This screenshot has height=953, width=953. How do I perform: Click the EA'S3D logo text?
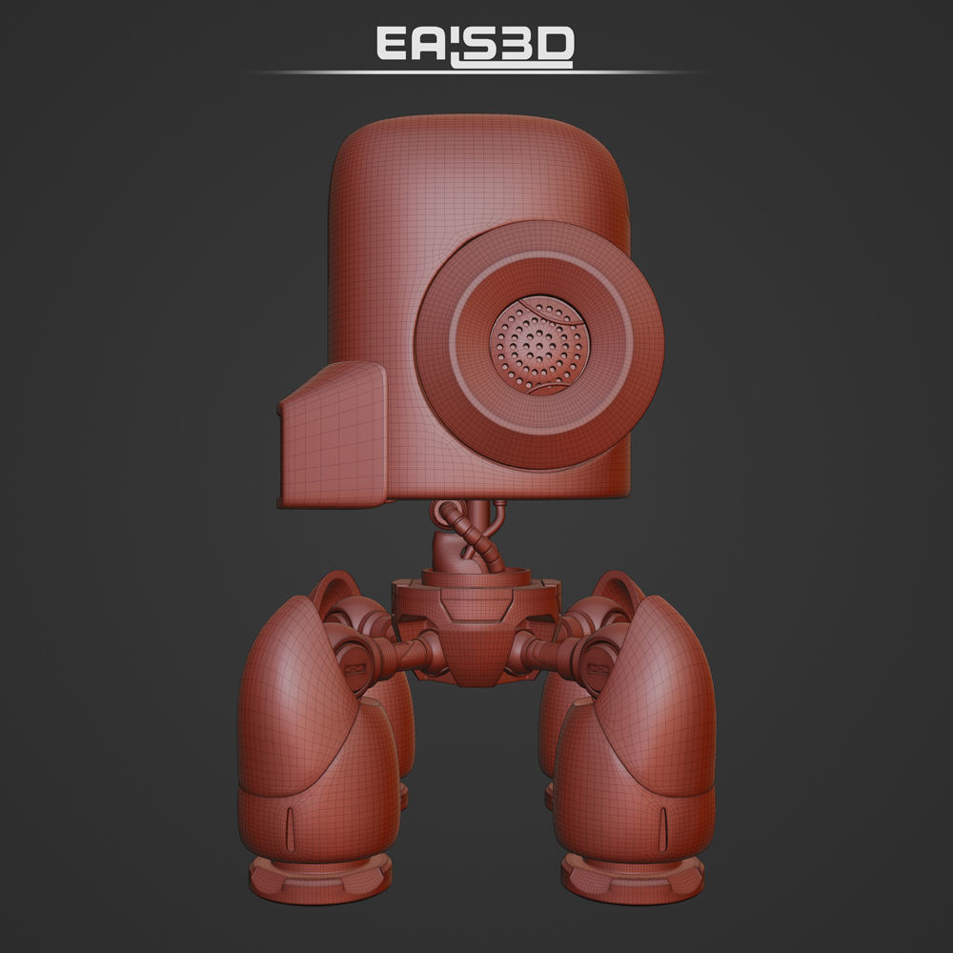point(475,45)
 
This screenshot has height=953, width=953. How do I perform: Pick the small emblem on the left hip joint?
point(354,656)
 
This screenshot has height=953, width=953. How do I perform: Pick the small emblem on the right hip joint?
point(599,656)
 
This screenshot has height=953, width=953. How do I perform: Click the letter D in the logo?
point(556,45)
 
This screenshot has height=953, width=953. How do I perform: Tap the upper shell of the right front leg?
point(658,686)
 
